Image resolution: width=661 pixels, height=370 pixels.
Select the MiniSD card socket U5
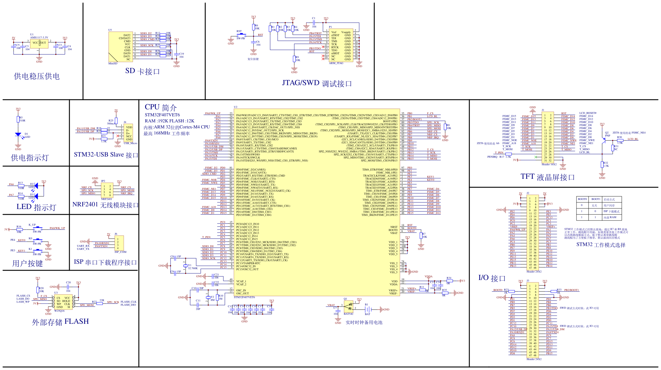[x=120, y=47]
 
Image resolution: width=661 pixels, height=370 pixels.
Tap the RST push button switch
[x=241, y=35]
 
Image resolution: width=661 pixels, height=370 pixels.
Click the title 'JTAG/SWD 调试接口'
[x=317, y=83]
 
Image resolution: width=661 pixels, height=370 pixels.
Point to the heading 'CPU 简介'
[x=161, y=108]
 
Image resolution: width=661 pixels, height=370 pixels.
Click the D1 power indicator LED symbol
[x=18, y=134]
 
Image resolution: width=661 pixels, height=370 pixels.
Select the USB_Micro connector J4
[x=128, y=133]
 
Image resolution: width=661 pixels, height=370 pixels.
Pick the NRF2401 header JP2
[x=107, y=190]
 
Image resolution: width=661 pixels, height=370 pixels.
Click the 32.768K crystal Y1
[x=185, y=266]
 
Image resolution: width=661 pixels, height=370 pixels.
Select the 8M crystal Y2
[x=208, y=298]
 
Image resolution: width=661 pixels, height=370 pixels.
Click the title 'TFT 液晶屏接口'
[x=548, y=177]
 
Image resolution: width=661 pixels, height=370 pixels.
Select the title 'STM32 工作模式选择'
[x=601, y=245]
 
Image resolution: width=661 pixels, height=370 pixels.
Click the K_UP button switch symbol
[x=37, y=229]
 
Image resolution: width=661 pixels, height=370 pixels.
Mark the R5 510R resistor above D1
[x=18, y=119]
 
